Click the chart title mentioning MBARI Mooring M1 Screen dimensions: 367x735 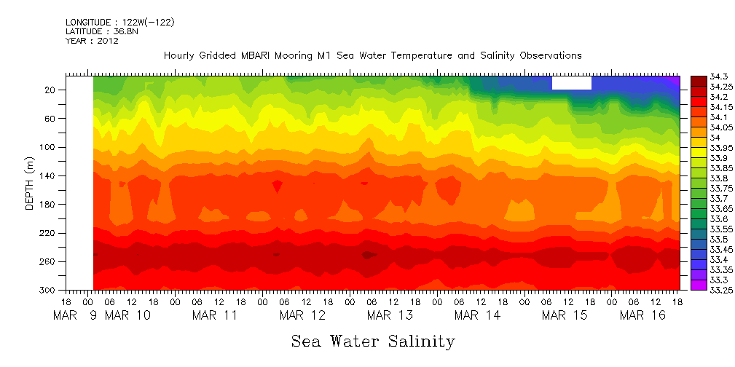(372, 56)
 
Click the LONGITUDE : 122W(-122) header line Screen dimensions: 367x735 (119, 23)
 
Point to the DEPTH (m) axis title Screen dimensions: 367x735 (30, 185)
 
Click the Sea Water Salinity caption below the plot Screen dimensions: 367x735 (373, 341)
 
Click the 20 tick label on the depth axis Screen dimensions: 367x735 (50, 90)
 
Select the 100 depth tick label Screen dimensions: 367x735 (48, 147)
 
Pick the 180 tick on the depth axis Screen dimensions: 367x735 (48, 205)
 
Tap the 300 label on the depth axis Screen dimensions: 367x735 (48, 291)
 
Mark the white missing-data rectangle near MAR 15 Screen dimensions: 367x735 (571, 83)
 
